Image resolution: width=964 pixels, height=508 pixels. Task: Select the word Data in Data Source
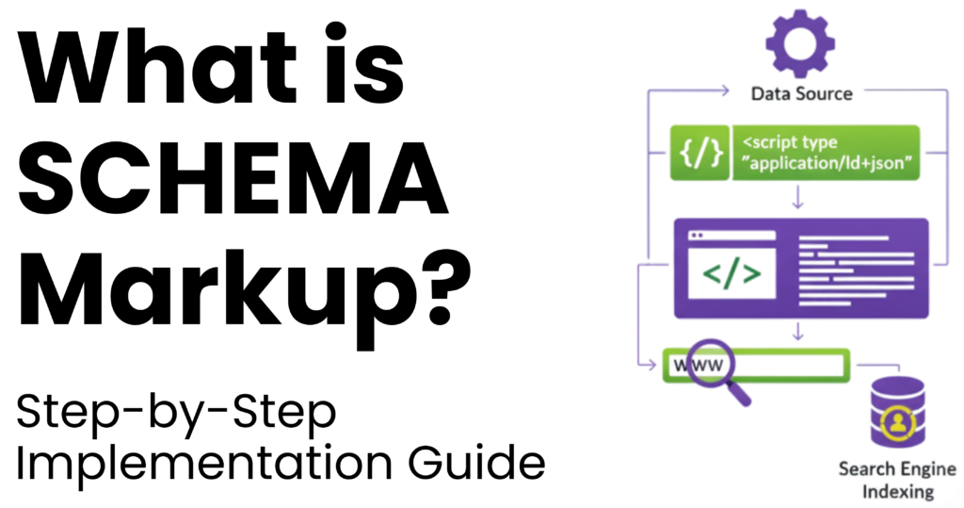(770, 93)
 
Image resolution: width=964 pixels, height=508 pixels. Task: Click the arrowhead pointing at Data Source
(725, 90)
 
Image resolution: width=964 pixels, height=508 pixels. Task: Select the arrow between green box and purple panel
(798, 200)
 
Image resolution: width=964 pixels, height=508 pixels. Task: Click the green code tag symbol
(732, 272)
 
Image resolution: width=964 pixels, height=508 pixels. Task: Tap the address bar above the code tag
(732, 235)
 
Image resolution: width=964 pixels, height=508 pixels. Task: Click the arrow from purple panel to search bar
(798, 333)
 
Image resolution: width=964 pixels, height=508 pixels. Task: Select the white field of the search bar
(791, 365)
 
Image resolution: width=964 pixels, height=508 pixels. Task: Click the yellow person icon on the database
(897, 421)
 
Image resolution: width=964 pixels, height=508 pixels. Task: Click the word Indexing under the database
(897, 492)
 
